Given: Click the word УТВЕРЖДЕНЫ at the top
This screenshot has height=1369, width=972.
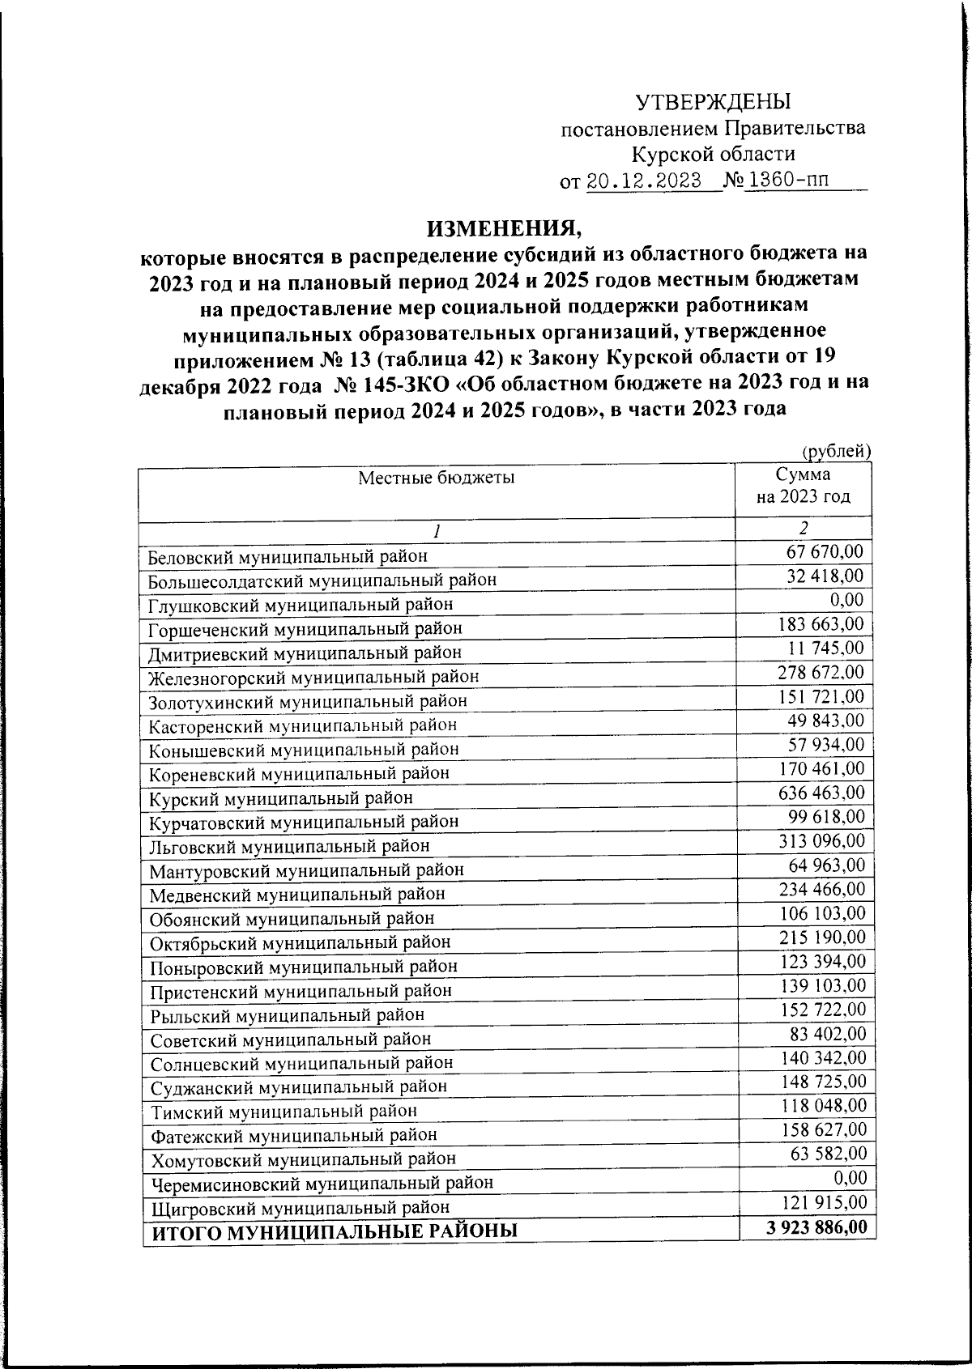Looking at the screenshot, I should [x=712, y=102].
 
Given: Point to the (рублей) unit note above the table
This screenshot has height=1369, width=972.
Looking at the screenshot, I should [x=836, y=452].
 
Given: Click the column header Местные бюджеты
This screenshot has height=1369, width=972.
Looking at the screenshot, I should [x=437, y=478].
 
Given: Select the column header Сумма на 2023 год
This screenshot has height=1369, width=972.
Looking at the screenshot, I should [x=803, y=486].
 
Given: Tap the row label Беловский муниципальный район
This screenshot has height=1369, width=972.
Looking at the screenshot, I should [x=288, y=556].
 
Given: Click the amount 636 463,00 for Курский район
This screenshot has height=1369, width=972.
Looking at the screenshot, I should [x=821, y=793].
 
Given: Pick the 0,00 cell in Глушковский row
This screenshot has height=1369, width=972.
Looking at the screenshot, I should [x=846, y=600].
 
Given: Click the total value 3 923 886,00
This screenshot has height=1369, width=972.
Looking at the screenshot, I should [x=816, y=1227].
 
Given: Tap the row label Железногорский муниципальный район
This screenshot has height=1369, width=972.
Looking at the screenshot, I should [x=313, y=676].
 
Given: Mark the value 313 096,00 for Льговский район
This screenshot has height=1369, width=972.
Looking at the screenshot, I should [x=821, y=840].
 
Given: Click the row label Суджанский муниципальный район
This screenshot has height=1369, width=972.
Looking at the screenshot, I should [x=299, y=1086].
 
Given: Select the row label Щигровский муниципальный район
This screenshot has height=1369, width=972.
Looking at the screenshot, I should [x=301, y=1207].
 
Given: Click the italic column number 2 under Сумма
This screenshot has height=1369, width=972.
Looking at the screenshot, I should [x=803, y=528].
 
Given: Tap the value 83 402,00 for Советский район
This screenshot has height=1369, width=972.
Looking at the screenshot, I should [x=828, y=1033].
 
